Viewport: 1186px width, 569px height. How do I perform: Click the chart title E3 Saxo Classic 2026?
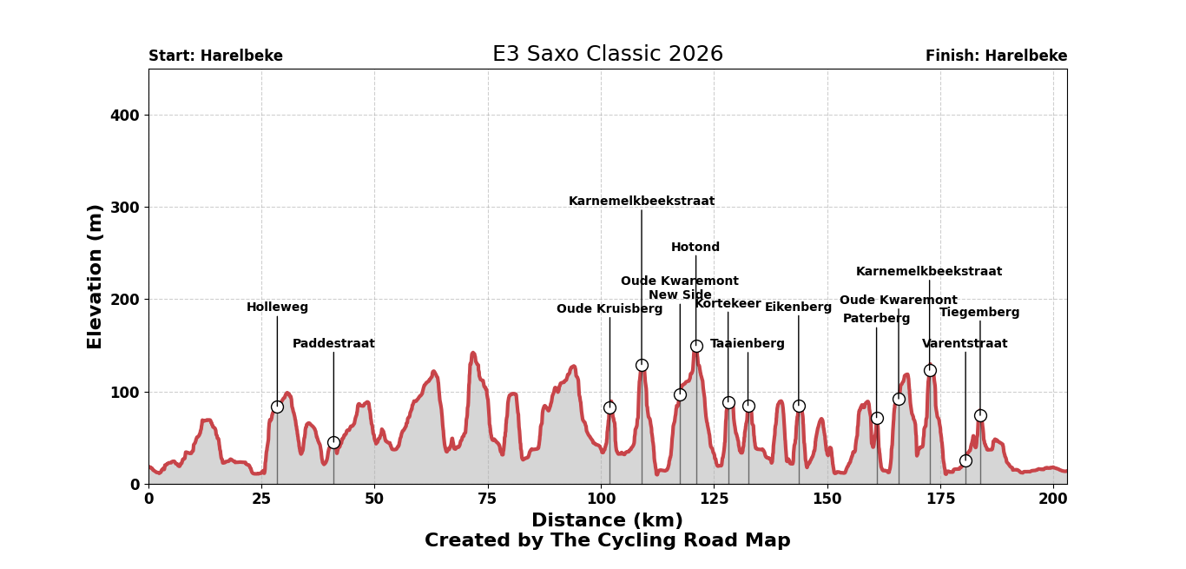click(607, 55)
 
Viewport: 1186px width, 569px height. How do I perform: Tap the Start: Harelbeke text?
click(215, 56)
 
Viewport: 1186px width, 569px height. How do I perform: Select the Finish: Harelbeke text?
click(996, 56)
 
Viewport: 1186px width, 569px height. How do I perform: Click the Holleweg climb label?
click(277, 308)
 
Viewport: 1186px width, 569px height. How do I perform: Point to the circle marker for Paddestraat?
click(333, 442)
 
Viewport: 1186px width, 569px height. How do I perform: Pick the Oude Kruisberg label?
click(609, 309)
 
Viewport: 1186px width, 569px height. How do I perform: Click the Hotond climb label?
click(695, 248)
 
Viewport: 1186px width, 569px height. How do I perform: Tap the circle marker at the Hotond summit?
click(696, 346)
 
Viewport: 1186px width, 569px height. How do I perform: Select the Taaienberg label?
click(747, 344)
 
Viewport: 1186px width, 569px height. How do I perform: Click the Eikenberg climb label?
click(798, 308)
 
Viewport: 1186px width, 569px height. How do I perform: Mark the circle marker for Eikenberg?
click(799, 406)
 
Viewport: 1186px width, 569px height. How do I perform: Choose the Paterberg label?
click(876, 319)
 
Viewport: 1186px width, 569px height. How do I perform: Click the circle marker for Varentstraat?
click(965, 460)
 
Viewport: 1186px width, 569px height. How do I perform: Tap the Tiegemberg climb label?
click(979, 313)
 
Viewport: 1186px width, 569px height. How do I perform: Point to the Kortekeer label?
click(728, 304)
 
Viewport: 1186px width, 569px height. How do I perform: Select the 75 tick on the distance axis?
click(488, 500)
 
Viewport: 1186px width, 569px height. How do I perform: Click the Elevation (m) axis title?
click(95, 276)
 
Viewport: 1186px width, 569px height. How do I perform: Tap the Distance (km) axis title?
click(607, 521)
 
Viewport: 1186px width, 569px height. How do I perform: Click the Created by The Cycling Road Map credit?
click(607, 541)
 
